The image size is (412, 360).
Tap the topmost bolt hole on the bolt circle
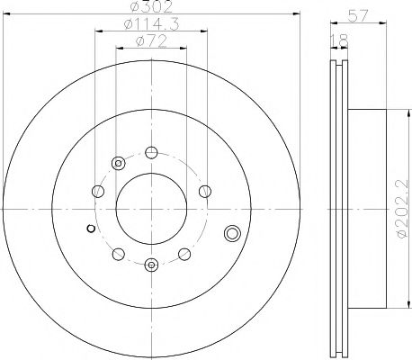(150, 150)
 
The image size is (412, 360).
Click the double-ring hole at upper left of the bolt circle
(118, 163)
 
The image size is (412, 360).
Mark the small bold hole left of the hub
(89, 229)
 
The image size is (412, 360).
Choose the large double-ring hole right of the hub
(232, 235)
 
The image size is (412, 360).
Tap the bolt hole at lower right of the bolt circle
(183, 252)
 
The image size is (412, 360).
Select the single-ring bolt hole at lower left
(118, 252)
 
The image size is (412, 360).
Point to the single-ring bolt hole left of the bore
(95, 191)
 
